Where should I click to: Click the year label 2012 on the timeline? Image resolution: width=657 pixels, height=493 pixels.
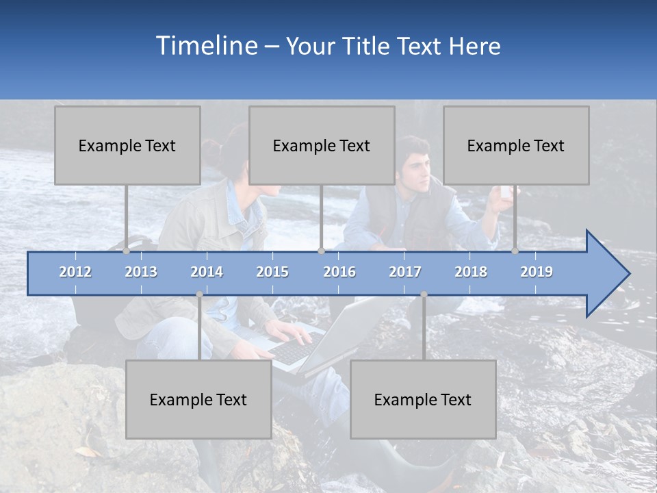coord(75,272)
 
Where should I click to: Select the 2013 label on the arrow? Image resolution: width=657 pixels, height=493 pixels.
coord(141,272)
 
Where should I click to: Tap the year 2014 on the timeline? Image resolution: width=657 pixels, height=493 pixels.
coord(207,272)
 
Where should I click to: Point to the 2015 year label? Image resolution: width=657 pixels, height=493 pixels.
coord(272,272)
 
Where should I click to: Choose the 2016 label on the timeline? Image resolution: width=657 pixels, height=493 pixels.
coord(339,272)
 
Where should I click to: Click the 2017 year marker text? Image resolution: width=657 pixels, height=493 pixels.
coord(405,272)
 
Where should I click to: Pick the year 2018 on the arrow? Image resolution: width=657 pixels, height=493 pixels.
coord(471,272)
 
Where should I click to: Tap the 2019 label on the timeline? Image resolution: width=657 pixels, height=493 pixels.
coord(537,272)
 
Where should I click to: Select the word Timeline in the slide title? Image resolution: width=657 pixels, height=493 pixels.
coord(205,46)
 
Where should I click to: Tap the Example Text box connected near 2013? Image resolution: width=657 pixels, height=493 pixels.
coord(127,145)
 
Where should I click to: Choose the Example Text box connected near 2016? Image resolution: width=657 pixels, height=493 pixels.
coord(322,145)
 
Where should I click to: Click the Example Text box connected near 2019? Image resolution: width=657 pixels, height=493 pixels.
coord(516,145)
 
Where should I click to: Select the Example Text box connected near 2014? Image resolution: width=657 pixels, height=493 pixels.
coord(198,399)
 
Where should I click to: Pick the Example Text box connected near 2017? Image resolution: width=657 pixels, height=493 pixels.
coord(423,399)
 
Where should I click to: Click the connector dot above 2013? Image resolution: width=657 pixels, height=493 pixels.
coord(126,251)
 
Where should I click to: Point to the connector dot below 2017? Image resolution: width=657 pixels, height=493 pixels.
coord(424,294)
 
